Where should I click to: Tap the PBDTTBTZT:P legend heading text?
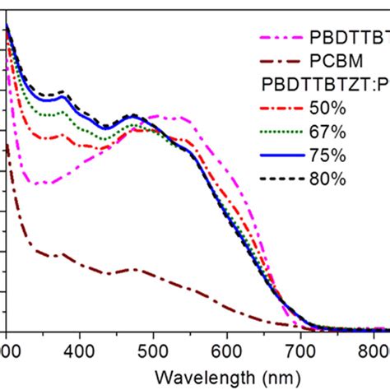(x=324, y=85)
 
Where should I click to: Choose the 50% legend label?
(x=328, y=109)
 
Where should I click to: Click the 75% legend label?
(x=328, y=156)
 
